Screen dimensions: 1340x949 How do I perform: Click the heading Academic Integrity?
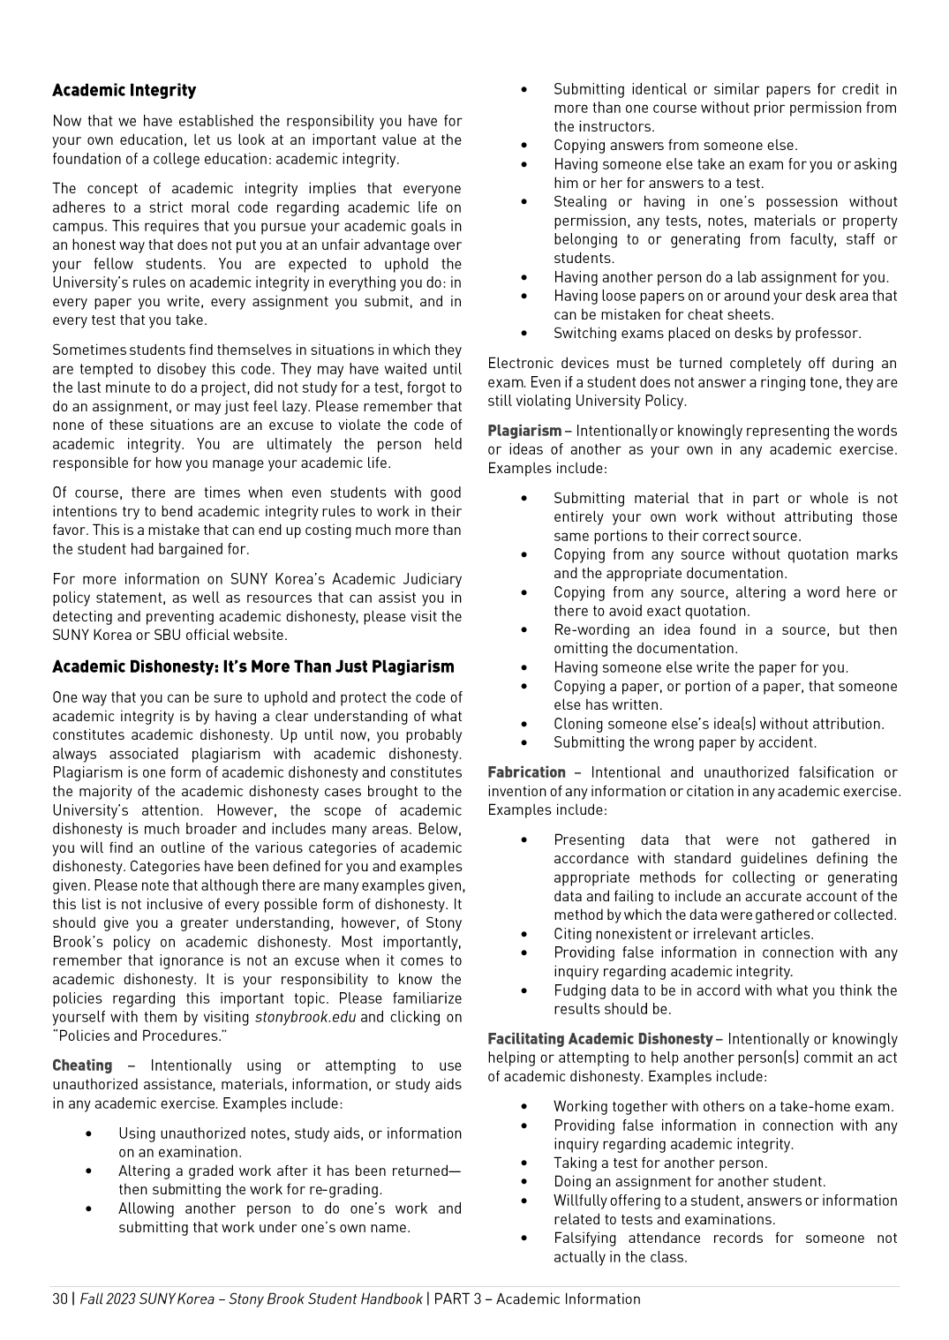click(124, 90)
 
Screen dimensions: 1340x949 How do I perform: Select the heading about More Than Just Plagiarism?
click(252, 666)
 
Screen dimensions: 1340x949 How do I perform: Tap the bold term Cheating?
click(82, 1065)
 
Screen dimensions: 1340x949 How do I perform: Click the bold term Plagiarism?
click(524, 431)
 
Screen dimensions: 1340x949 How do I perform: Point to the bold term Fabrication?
click(526, 772)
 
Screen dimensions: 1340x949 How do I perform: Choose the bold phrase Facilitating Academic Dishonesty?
click(599, 1039)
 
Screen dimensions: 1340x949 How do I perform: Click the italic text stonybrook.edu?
click(305, 1017)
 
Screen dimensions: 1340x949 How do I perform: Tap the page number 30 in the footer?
click(59, 1299)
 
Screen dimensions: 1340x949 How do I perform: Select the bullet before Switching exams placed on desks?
click(524, 334)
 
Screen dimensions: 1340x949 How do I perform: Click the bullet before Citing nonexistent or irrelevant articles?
click(524, 934)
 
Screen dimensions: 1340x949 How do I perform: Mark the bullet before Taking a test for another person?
click(524, 1163)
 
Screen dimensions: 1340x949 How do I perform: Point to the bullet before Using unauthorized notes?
click(89, 1133)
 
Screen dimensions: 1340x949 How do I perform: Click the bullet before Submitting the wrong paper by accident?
click(524, 743)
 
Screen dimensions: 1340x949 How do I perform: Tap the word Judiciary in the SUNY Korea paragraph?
click(431, 579)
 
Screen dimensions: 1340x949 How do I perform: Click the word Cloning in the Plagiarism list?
click(578, 724)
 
